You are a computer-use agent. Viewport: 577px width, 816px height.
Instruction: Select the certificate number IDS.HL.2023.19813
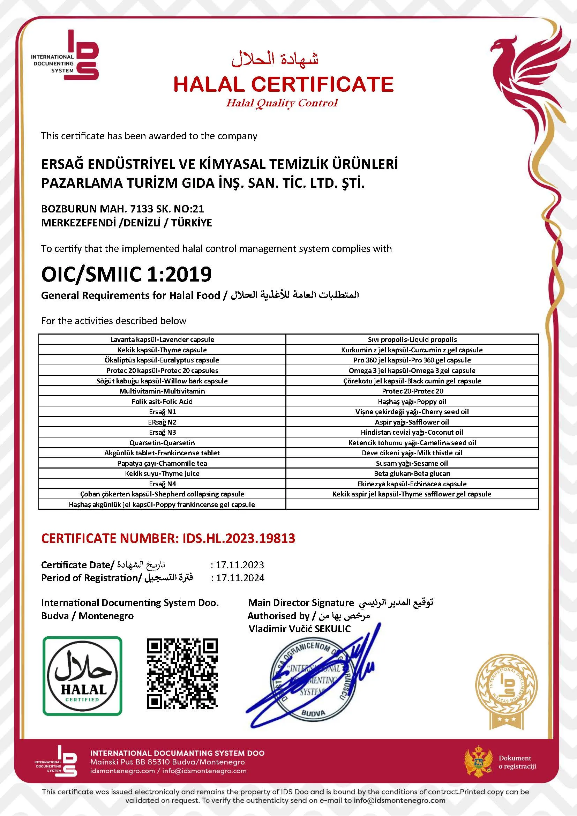click(x=239, y=538)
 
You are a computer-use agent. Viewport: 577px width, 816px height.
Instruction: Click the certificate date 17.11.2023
click(x=240, y=565)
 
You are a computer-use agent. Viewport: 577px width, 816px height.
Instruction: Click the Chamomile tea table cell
click(x=162, y=463)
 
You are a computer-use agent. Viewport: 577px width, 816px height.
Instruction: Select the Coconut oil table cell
click(x=412, y=432)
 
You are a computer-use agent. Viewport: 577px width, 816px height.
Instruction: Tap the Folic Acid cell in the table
click(x=162, y=401)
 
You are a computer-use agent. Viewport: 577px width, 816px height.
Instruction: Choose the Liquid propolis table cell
click(x=412, y=339)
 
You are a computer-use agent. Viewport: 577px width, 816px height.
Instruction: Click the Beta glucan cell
click(x=412, y=473)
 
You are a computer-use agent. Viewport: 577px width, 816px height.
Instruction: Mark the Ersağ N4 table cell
click(x=162, y=484)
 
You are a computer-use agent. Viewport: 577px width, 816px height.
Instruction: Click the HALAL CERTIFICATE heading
click(x=283, y=84)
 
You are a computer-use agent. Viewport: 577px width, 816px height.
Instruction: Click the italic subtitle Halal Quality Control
click(x=282, y=103)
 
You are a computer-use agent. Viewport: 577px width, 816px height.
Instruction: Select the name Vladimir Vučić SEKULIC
click(x=300, y=629)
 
